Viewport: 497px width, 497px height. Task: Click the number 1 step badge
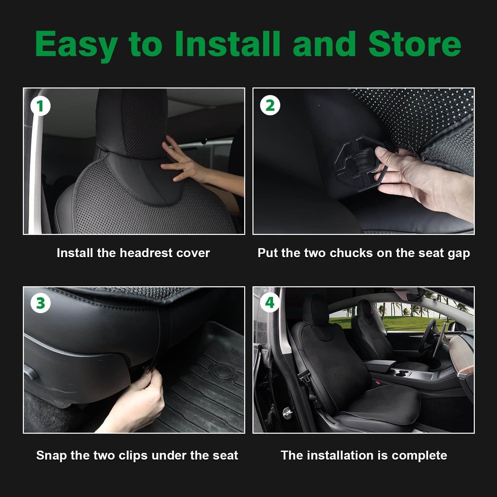40,106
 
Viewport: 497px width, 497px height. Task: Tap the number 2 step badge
270,106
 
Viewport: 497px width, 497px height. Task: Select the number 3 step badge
40,303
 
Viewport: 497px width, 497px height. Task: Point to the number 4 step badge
270,303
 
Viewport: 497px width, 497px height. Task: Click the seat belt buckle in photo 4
302,374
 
